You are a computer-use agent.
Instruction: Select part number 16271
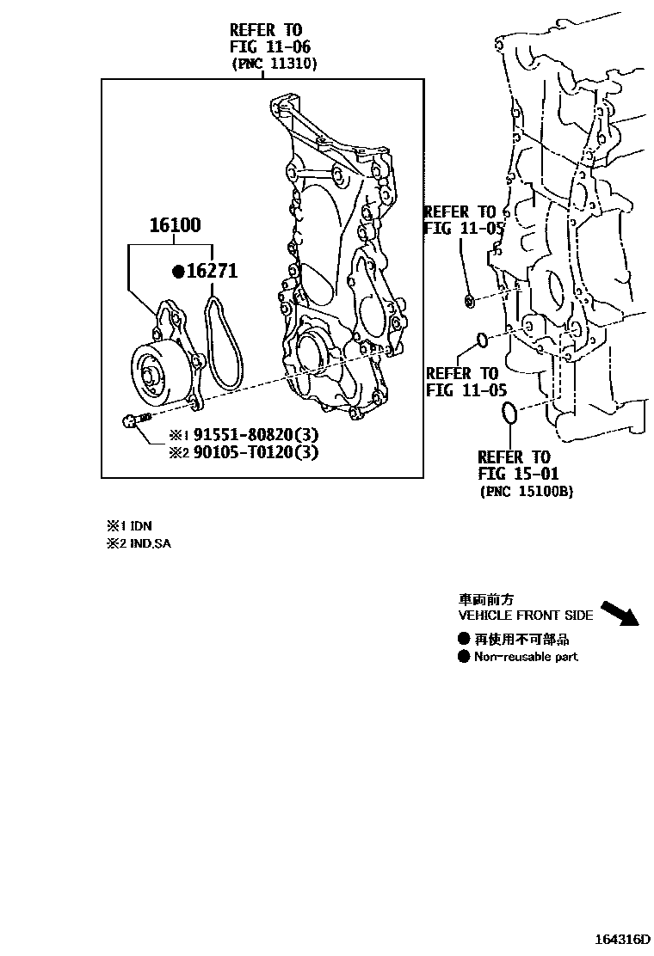pos(212,272)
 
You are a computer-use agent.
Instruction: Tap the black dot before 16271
pos(178,272)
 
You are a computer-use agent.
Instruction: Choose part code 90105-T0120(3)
pos(244,451)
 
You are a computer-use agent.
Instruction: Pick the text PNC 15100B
pos(526,491)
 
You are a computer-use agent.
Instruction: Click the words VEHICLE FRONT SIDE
pos(525,616)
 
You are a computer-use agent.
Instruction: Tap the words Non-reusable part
pos(526,657)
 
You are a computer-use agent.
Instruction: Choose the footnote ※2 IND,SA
pos(139,543)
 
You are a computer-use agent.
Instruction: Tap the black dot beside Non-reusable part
pos(464,657)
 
